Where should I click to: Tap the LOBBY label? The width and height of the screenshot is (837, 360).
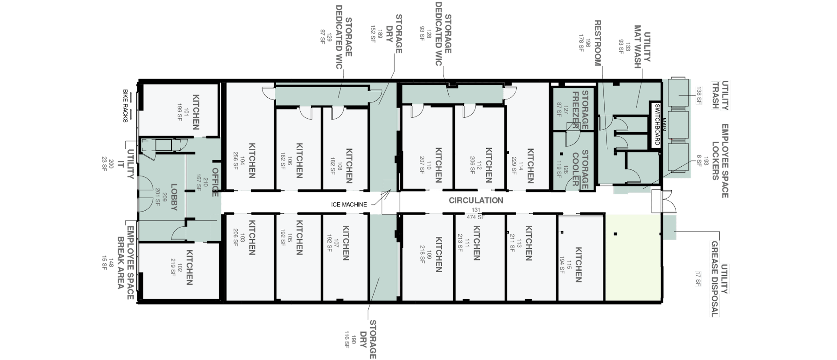[174, 197]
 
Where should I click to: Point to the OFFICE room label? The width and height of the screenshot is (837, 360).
[215, 182]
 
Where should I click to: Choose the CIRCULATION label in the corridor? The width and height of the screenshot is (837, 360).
[476, 200]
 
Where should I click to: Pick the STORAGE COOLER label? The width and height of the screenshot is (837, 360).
[580, 169]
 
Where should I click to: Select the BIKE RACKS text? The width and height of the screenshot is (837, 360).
[125, 106]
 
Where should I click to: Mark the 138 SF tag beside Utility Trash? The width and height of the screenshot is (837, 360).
[698, 95]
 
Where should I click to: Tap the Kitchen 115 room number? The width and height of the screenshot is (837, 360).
[568, 265]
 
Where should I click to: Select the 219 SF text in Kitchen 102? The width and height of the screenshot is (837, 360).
[173, 267]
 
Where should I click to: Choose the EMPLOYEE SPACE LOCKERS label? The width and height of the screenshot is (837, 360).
[721, 161]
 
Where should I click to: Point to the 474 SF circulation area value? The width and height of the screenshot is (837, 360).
[476, 217]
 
